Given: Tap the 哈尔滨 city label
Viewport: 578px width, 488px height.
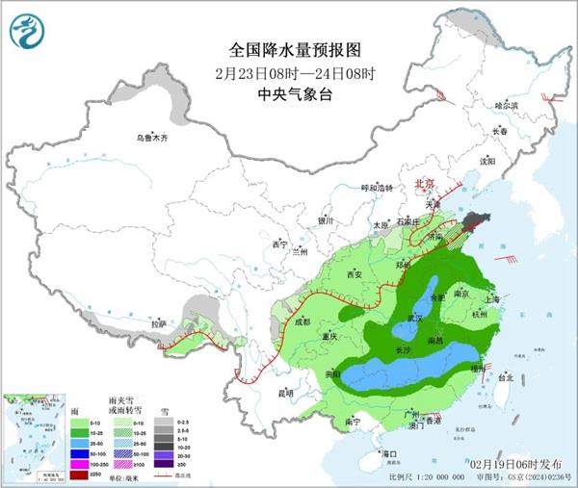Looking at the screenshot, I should click(x=506, y=105).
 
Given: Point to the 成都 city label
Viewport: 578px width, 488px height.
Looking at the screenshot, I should click(x=303, y=321).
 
